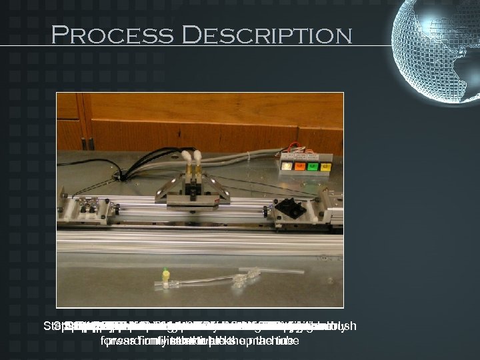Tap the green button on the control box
[x=313, y=167]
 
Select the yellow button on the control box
[x=326, y=167]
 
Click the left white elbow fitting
[x=185, y=159]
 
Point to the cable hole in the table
[x=123, y=177]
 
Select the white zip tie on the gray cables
[x=248, y=159]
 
